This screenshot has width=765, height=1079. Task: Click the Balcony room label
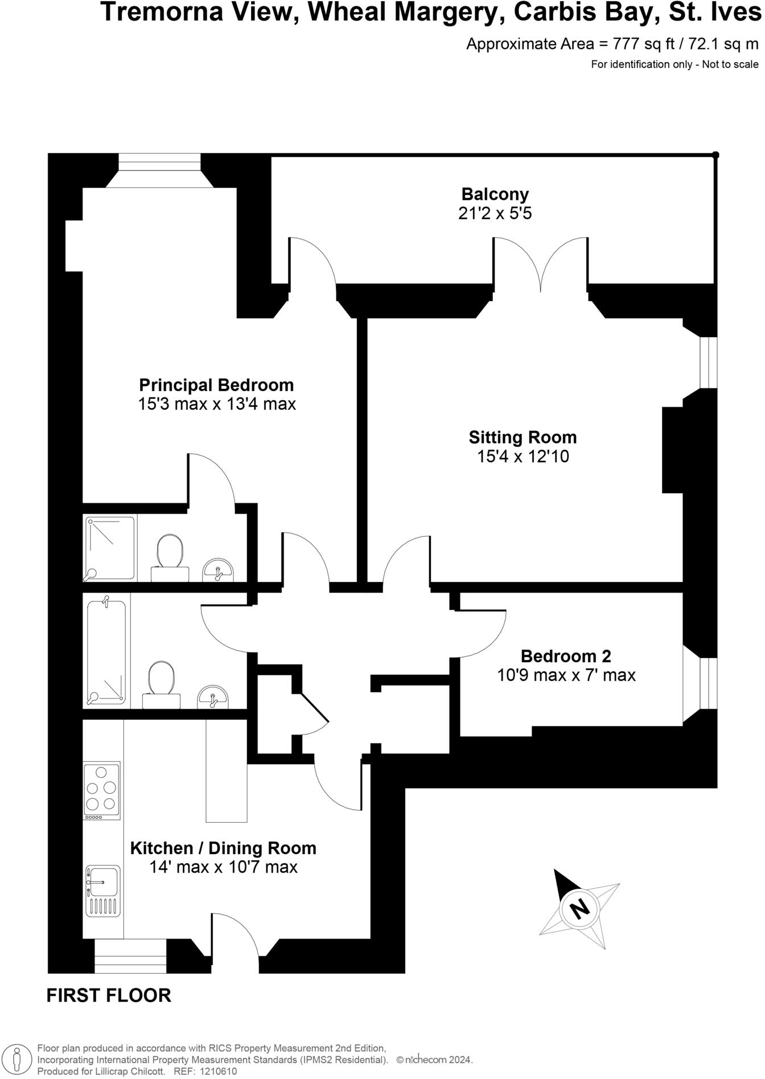tap(495, 194)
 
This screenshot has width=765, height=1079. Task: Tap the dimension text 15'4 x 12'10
tap(523, 457)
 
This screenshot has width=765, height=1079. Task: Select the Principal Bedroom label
tap(216, 385)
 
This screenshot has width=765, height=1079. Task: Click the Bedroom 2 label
tap(565, 656)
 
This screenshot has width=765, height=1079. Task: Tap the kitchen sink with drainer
tap(102, 892)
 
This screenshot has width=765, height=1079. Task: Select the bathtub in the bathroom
tap(106, 650)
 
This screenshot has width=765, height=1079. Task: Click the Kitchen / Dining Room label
tap(223, 848)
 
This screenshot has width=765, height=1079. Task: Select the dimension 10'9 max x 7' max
tap(566, 675)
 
